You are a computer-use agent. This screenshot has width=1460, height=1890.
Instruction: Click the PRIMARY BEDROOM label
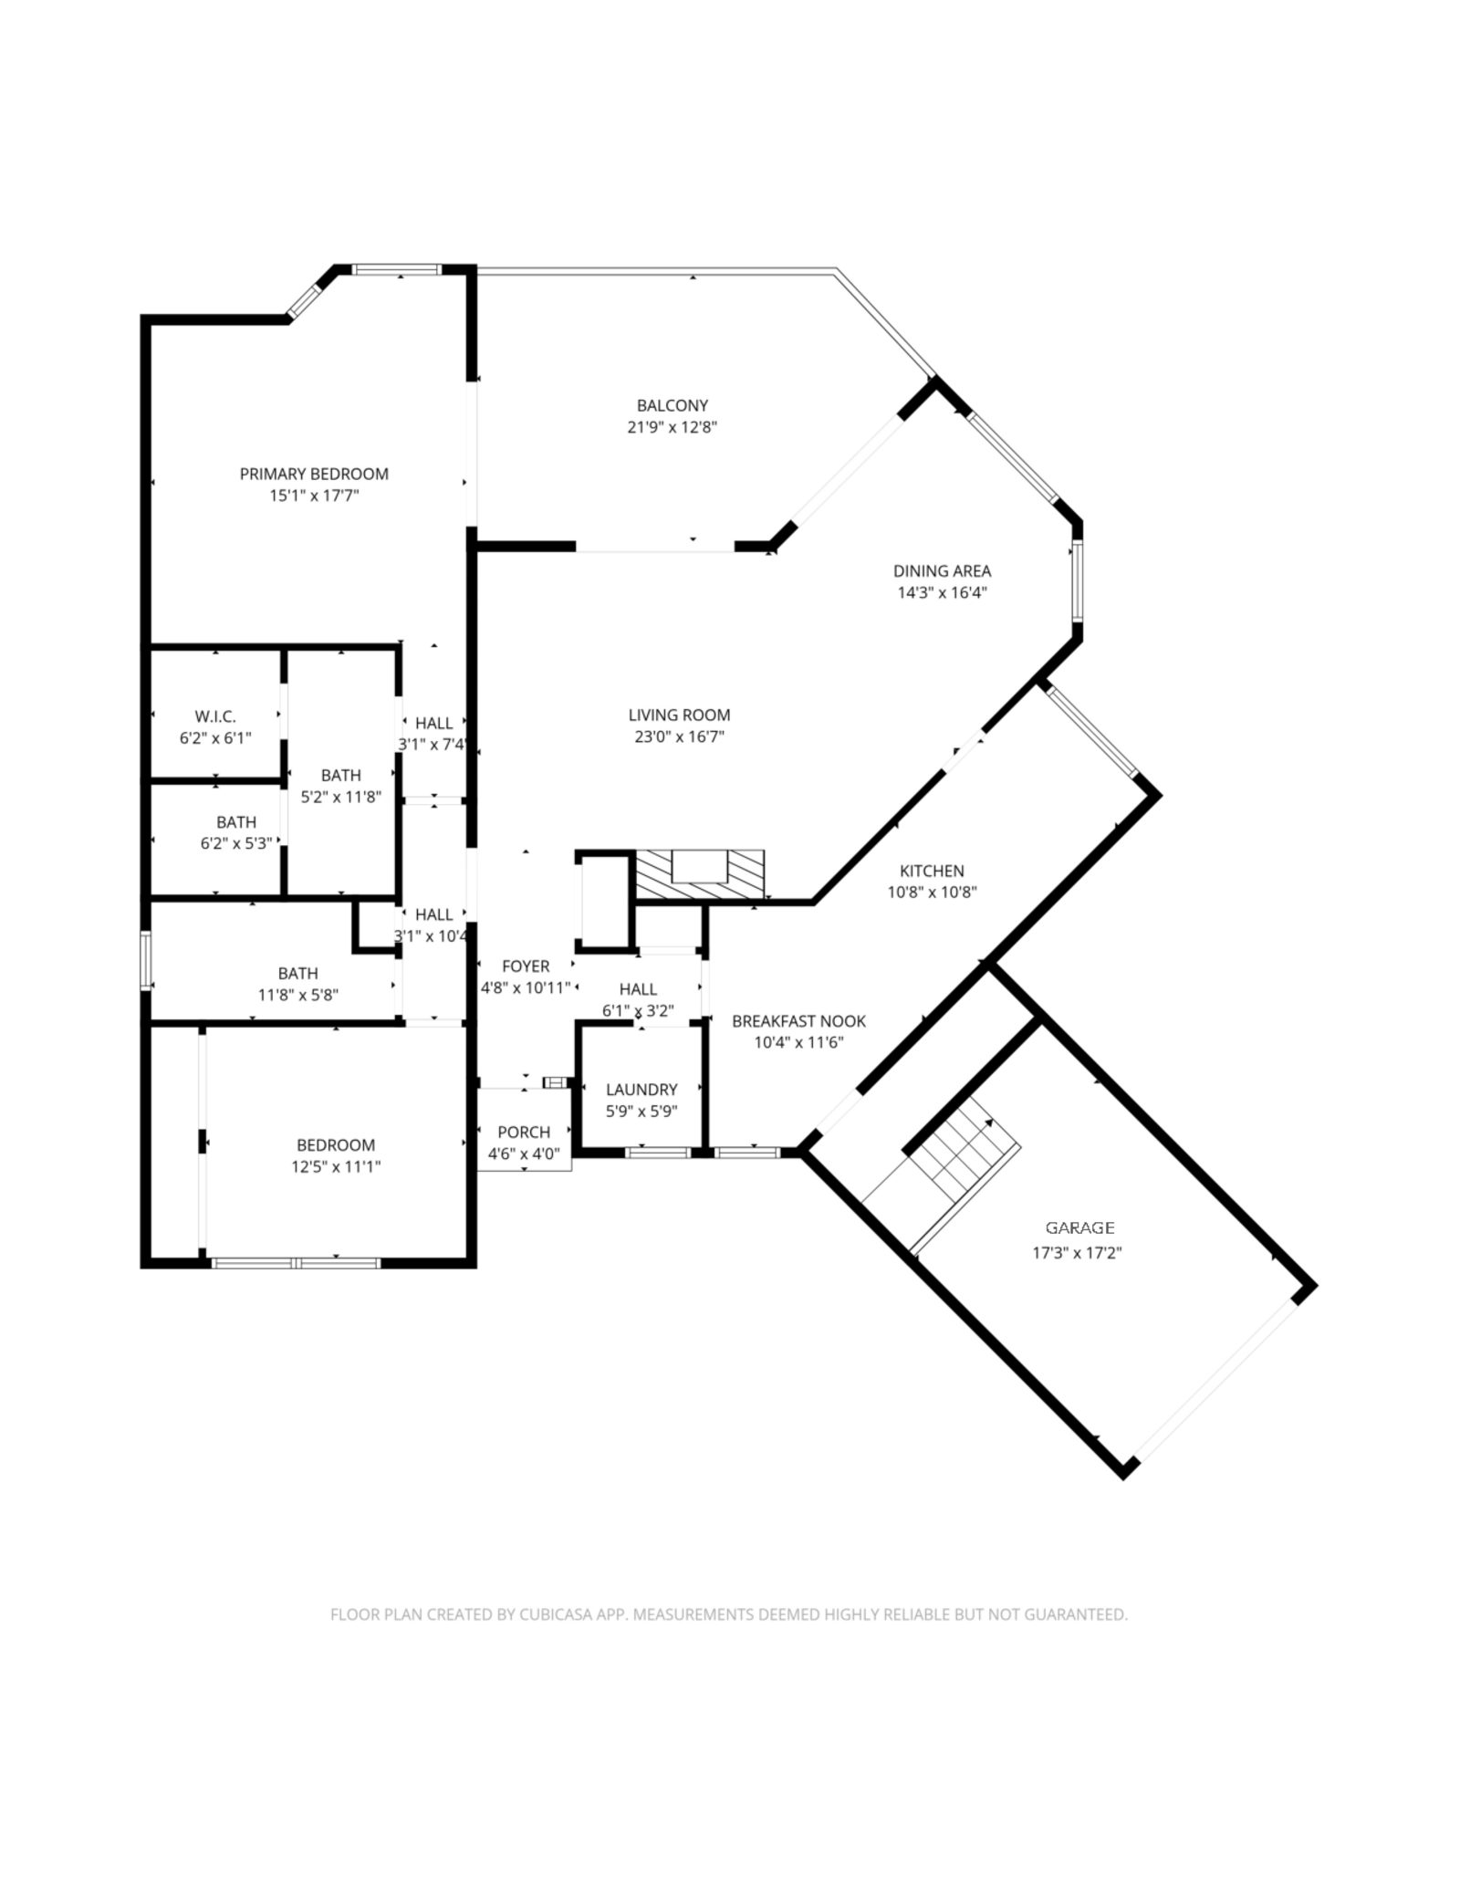point(314,474)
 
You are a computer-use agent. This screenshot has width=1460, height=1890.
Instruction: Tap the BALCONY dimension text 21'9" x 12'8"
point(673,427)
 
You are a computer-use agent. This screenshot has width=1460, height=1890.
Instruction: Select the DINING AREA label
point(942,571)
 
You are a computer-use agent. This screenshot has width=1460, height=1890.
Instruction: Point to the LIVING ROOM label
point(679,715)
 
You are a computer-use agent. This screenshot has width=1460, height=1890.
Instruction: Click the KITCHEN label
point(932,872)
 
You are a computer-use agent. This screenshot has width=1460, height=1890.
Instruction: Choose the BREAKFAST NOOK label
point(798,1022)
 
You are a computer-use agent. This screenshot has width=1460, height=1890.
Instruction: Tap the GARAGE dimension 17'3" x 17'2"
point(1077,1253)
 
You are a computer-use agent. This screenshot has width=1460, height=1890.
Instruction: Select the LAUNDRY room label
point(641,1090)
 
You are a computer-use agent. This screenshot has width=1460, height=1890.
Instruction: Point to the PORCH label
point(524,1133)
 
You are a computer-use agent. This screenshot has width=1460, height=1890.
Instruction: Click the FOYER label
point(526,966)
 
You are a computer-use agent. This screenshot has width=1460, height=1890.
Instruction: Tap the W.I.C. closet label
point(215,717)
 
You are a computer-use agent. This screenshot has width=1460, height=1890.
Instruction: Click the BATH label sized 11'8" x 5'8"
point(298,974)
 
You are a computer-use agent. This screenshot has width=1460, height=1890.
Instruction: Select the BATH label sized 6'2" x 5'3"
point(236,822)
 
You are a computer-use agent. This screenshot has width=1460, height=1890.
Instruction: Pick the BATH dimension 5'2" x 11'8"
point(341,797)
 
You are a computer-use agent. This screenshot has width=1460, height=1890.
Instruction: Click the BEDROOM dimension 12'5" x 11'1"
point(336,1166)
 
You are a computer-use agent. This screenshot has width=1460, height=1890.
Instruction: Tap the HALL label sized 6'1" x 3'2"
point(638,989)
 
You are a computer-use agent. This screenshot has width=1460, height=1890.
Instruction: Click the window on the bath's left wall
point(145,959)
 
